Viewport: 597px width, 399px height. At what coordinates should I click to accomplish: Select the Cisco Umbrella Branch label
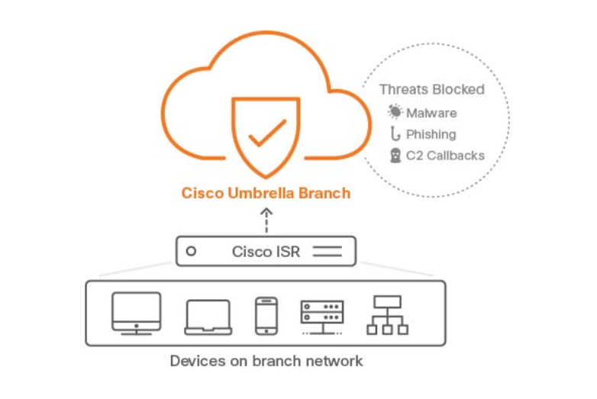[266, 193]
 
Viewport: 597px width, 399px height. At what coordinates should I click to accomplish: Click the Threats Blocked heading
[432, 89]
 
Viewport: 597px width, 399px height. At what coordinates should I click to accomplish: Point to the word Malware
[431, 113]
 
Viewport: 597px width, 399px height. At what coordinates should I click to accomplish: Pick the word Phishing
[431, 134]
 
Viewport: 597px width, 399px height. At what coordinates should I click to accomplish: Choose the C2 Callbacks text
[445, 156]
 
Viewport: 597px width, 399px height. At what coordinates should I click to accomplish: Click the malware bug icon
[395, 113]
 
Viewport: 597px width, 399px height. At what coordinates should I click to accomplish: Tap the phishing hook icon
[395, 134]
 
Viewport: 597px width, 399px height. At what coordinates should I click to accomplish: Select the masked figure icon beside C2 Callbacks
[395, 156]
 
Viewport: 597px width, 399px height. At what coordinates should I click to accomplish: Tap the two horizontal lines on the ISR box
[328, 251]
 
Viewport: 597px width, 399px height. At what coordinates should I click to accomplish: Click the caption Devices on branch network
[266, 360]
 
